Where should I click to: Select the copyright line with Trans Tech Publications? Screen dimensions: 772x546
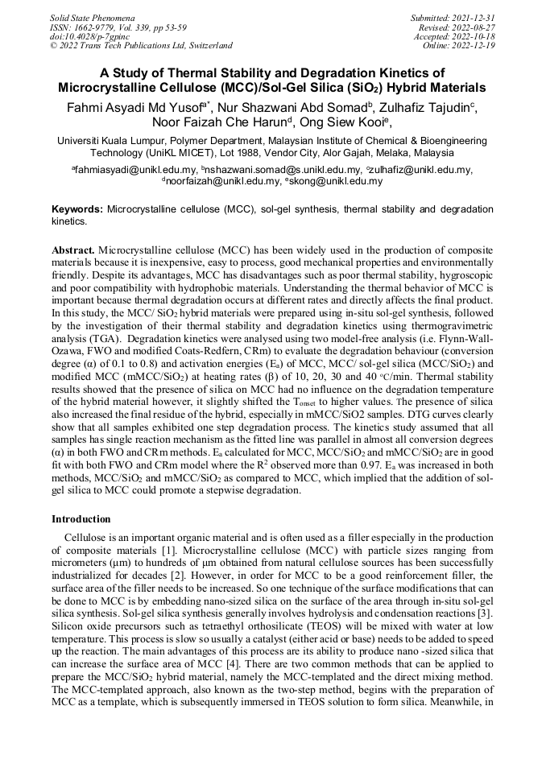(x=141, y=46)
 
